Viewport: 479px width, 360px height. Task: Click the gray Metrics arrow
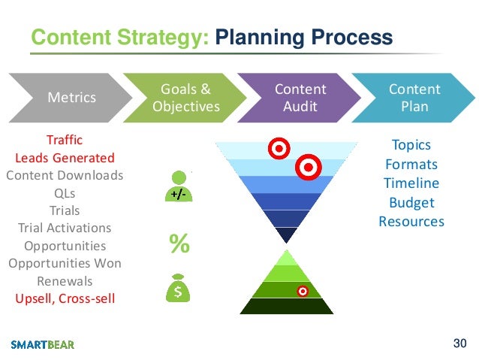[x=71, y=97]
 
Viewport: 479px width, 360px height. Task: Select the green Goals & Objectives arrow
[x=185, y=97]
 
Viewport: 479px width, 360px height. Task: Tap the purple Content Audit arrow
[x=300, y=97]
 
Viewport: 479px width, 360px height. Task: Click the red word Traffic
[x=65, y=140]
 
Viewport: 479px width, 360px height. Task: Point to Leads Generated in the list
[x=65, y=158]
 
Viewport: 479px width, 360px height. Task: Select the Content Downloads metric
[x=65, y=175]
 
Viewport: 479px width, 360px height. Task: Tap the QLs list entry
[x=65, y=193]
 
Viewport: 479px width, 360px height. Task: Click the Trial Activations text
[x=65, y=228]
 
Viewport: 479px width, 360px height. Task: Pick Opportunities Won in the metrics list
[x=65, y=263]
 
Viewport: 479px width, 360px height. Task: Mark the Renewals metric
[x=65, y=281]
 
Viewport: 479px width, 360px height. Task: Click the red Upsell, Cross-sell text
[x=65, y=298]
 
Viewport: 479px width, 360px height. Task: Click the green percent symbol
[x=179, y=243]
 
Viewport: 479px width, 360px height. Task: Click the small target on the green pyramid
[x=303, y=290]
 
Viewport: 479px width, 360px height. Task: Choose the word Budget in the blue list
[x=411, y=202]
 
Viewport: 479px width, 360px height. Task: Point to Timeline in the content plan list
[x=411, y=183]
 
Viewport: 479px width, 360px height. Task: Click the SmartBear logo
[x=43, y=344]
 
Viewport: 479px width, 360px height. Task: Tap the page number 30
[x=459, y=343]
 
